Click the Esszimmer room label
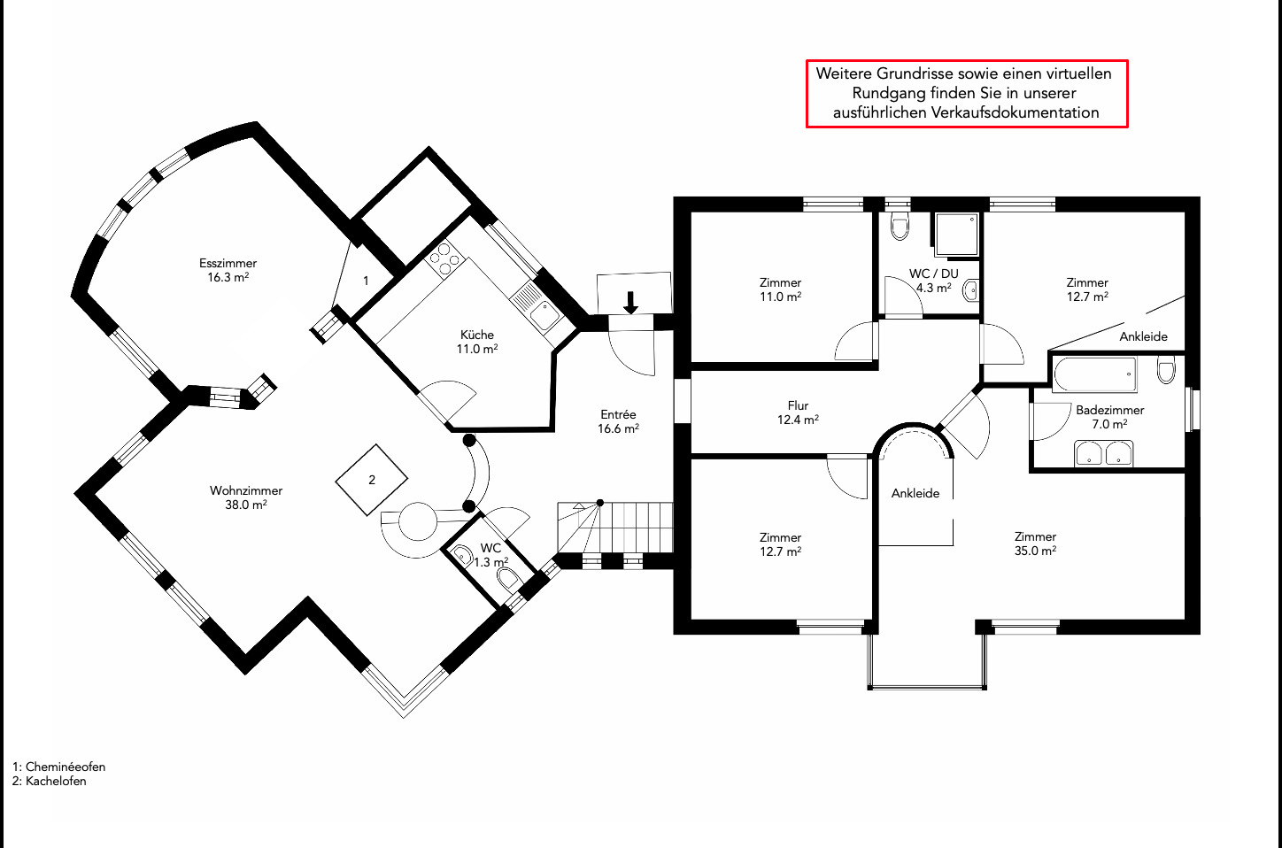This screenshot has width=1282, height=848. (x=228, y=264)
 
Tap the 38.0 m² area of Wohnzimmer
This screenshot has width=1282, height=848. (x=246, y=505)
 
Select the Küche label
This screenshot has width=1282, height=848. (x=477, y=335)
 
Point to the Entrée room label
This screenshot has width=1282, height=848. (x=618, y=414)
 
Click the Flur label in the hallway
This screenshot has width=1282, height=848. (x=798, y=406)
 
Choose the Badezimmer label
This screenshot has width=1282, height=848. (x=1109, y=410)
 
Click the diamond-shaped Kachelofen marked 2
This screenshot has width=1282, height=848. (x=372, y=480)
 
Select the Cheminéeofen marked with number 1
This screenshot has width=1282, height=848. (x=365, y=281)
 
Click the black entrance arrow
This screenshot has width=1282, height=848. (x=630, y=303)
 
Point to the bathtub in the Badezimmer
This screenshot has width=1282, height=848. (x=1094, y=374)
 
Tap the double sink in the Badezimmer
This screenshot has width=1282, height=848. (x=1103, y=454)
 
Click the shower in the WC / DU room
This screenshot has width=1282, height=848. (x=955, y=234)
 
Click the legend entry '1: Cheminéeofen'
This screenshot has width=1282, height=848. (x=58, y=767)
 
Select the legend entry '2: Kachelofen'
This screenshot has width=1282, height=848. (x=50, y=781)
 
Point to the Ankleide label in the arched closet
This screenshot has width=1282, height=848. (x=915, y=493)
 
